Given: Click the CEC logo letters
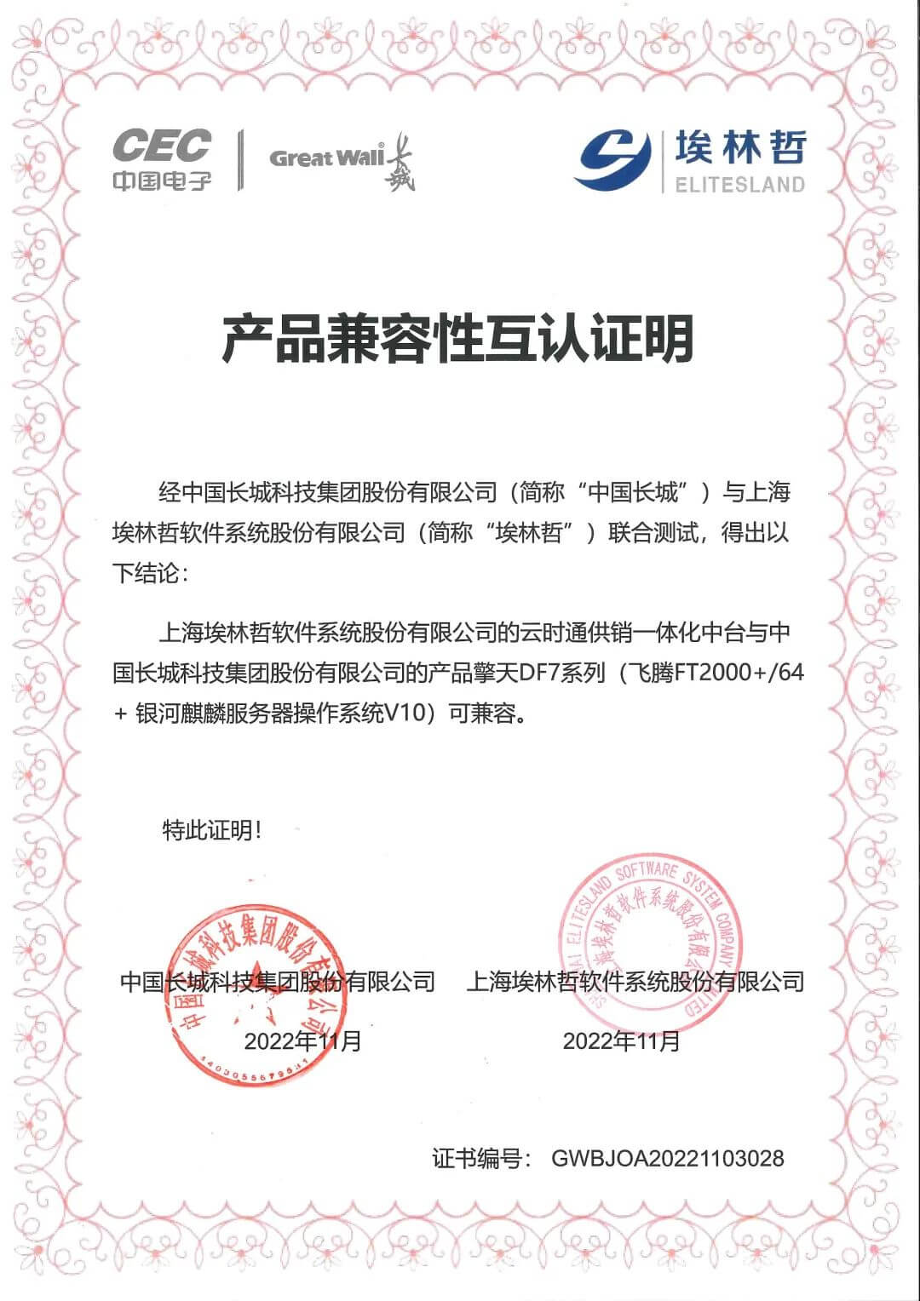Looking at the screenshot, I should [162, 145].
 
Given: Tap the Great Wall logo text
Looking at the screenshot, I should [326, 158].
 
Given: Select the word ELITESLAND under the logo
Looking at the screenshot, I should [739, 184].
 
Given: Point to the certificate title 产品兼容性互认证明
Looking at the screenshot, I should [457, 338].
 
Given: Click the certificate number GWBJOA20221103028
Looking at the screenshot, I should [668, 1158].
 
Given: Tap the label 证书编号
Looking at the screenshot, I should [481, 1158].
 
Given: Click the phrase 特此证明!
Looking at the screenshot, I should [212, 830].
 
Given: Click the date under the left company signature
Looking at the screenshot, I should [303, 1040].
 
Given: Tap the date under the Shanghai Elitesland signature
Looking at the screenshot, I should [622, 1040].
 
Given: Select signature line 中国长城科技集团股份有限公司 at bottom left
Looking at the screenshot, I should [278, 982].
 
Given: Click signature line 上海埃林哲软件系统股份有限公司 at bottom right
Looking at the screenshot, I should [635, 982].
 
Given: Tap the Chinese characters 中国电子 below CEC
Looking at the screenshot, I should [162, 180].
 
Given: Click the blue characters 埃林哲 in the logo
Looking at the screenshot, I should [739, 148].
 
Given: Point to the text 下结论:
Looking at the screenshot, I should [150, 573].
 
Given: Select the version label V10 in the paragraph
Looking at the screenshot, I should [405, 714].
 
